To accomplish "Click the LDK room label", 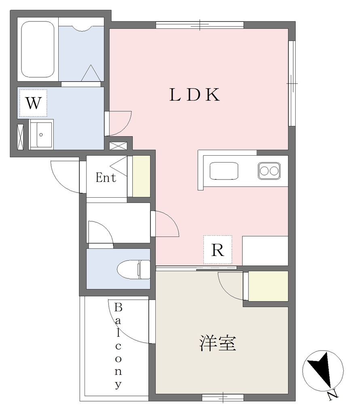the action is (x=195, y=95).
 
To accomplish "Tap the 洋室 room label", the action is (x=218, y=343).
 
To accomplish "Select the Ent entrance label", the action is (x=106, y=177).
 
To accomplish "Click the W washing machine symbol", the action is (x=33, y=103).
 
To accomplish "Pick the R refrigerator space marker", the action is (x=218, y=249).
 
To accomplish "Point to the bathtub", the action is (x=38, y=49).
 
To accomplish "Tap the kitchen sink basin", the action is (x=224, y=171).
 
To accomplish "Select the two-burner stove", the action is (x=269, y=171).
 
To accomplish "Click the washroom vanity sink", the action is (x=41, y=135).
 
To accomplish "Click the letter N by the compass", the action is (x=332, y=395).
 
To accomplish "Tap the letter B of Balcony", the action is (x=118, y=307).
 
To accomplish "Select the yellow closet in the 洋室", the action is (x=268, y=286).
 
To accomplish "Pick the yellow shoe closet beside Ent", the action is (x=141, y=176).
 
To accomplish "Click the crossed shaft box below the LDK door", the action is (x=118, y=146).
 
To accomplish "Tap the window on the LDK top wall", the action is (x=200, y=25).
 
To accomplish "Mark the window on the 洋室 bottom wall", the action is (x=223, y=398).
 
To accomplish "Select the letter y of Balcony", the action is (x=118, y=384).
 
